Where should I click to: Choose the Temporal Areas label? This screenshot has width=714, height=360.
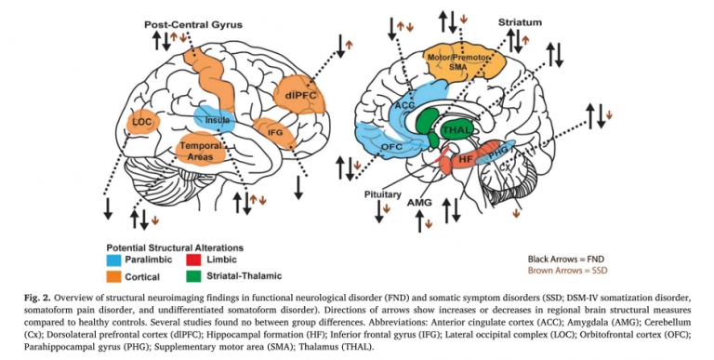[199, 152]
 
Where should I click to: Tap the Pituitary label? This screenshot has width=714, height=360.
[383, 197]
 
